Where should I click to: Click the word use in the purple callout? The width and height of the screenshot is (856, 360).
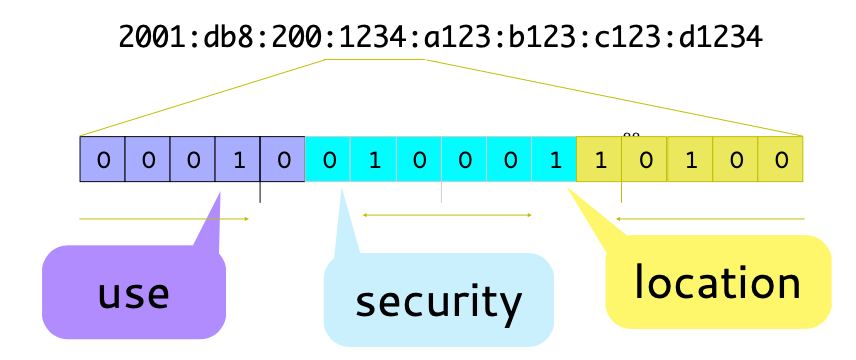click(x=133, y=294)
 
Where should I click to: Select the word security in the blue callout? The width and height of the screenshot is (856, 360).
click(x=438, y=301)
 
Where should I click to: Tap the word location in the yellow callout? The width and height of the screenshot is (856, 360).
click(x=717, y=283)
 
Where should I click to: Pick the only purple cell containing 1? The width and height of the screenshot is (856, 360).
click(x=238, y=160)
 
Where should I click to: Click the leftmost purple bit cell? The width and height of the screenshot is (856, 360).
click(x=102, y=160)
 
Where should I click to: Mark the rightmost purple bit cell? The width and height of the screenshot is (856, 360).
click(x=283, y=160)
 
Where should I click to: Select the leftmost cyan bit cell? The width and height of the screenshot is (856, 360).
click(x=328, y=160)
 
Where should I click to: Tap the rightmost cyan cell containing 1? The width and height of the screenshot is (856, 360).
click(x=554, y=160)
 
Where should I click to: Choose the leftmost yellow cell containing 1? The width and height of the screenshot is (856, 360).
click(x=599, y=160)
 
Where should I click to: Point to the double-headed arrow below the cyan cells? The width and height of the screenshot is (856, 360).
click(x=447, y=214)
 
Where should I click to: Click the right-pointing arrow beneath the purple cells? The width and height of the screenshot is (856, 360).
click(x=164, y=218)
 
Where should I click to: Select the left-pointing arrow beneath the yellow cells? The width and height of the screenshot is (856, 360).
click(x=709, y=218)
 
